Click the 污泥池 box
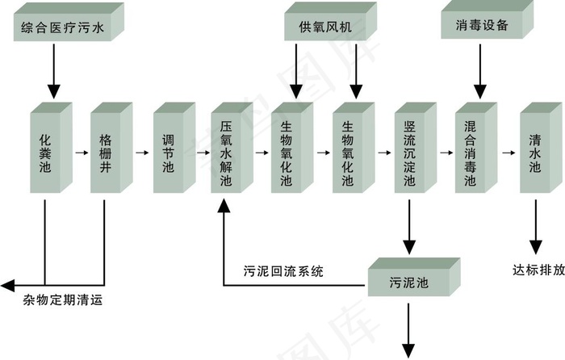point(408,283)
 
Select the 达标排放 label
point(538,270)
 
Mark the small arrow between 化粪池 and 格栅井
point(81,151)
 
